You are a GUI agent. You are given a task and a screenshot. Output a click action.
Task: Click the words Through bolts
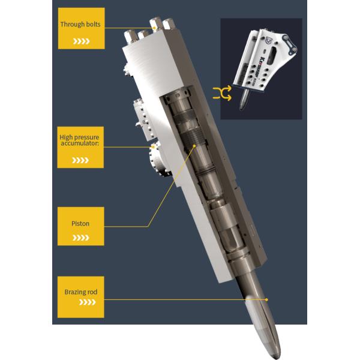tap(80, 25)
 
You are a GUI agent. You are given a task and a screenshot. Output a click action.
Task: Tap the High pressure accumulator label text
tap(79, 140)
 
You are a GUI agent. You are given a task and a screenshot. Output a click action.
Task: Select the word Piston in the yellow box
tap(80, 223)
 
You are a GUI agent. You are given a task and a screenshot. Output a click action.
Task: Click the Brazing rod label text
tap(81, 292)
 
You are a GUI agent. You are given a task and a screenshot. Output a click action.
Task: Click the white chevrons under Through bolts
tap(81, 41)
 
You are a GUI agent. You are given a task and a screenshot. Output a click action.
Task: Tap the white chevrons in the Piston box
tap(81, 238)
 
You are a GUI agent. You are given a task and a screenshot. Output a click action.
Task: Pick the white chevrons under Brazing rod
tap(87, 302)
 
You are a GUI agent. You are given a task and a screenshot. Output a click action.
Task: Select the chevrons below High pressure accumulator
tap(80, 160)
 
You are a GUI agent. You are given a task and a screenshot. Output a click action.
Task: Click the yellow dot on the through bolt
tap(155, 28)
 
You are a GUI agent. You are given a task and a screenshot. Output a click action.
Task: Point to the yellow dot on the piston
tap(194, 146)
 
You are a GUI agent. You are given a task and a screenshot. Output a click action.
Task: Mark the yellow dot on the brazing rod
tap(266, 299)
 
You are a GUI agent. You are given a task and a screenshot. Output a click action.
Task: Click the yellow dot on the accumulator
tap(153, 147)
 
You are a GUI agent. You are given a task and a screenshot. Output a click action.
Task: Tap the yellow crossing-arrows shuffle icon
tap(222, 93)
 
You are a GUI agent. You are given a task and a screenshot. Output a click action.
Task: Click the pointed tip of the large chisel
tap(278, 357)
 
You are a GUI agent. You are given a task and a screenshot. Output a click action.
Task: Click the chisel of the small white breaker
tap(244, 100)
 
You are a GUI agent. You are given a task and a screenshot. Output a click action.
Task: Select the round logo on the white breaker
tap(268, 41)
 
